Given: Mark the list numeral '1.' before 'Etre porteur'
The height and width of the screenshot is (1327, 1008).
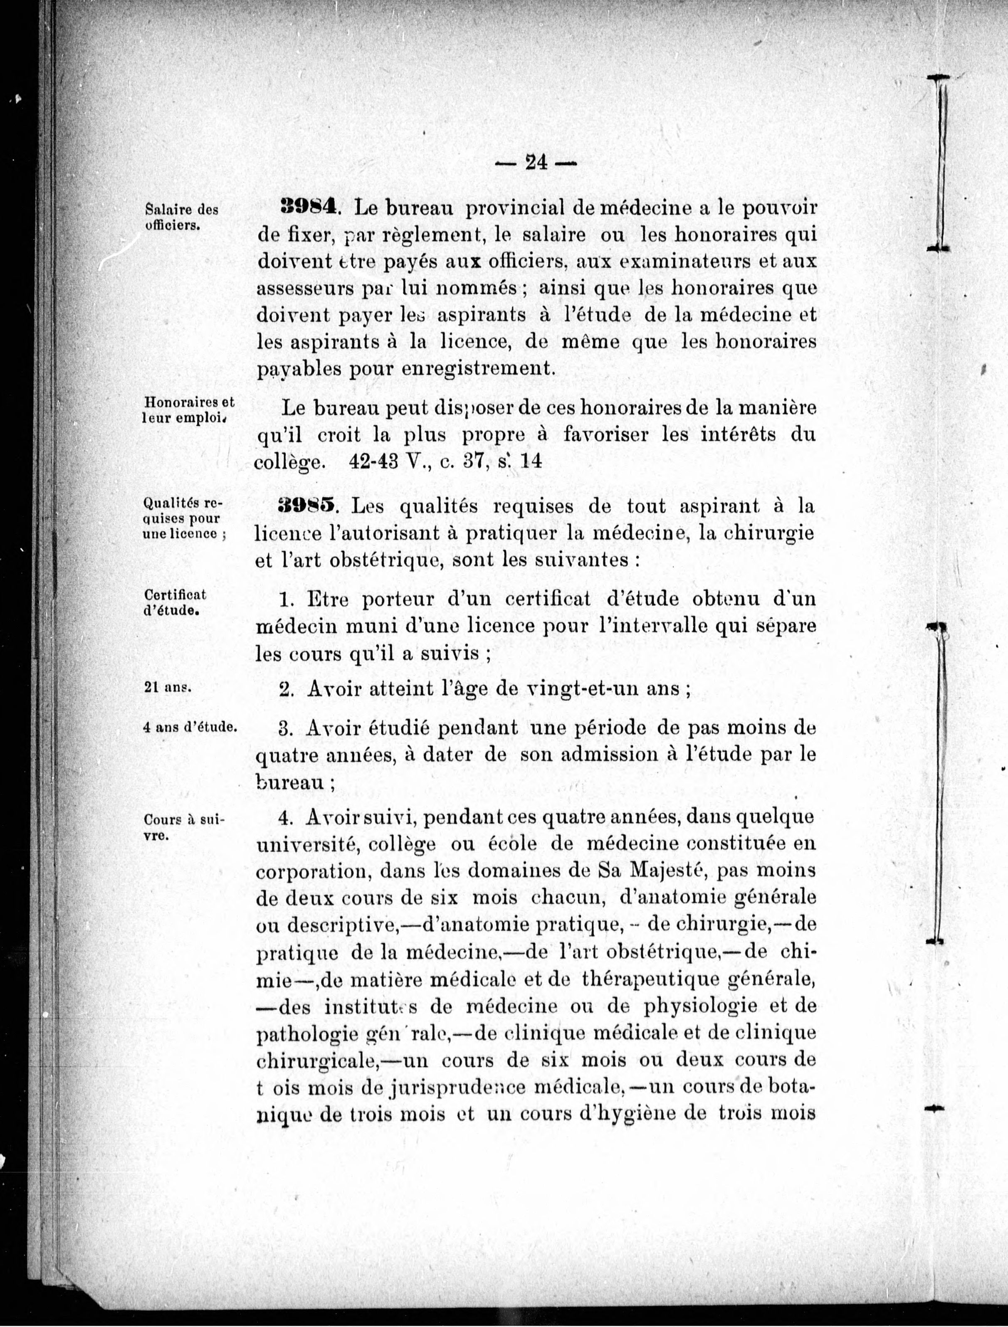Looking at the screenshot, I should tap(286, 600).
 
